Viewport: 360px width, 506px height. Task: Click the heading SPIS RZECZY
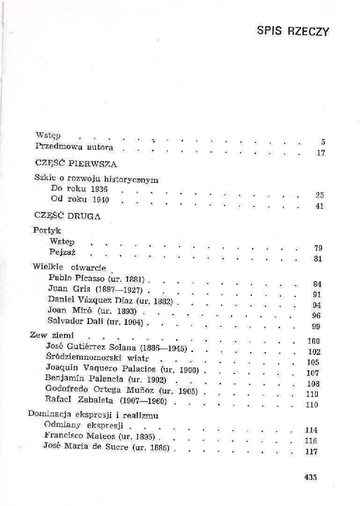[x=293, y=31]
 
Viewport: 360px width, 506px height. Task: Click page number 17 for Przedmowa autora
[x=321, y=153]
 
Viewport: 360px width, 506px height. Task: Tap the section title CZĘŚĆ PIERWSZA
[x=75, y=164]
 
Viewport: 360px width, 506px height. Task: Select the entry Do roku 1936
[x=79, y=189]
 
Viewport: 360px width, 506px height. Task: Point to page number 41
[x=320, y=206]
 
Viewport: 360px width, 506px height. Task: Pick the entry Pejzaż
[x=62, y=253]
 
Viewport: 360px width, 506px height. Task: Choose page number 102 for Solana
[x=314, y=352]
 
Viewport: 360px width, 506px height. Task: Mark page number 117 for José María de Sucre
[x=311, y=452]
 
